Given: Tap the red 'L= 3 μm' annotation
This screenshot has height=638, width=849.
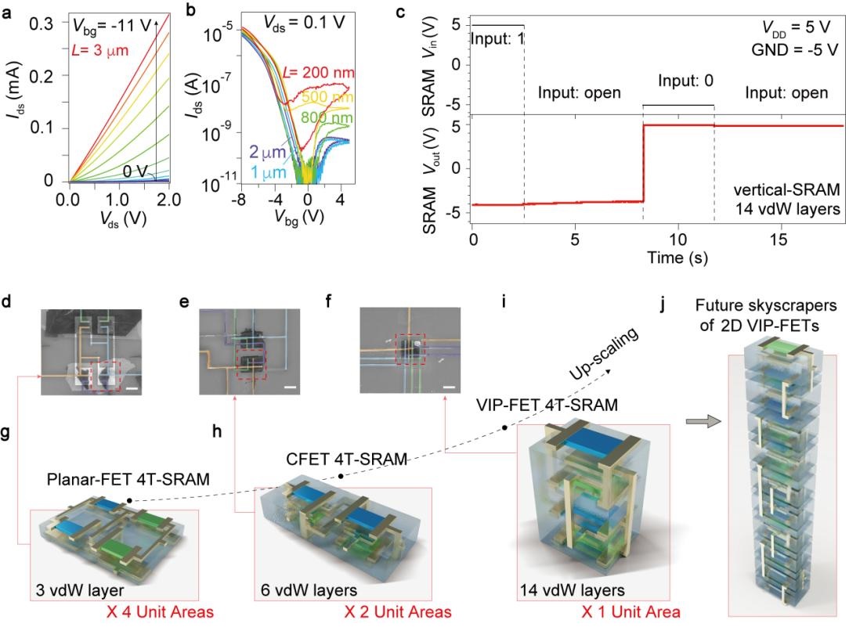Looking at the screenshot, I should (x=99, y=51).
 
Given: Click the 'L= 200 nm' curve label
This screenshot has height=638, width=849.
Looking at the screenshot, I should (x=319, y=73).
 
